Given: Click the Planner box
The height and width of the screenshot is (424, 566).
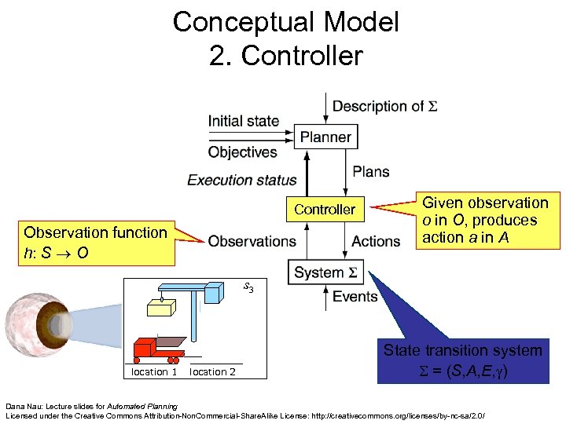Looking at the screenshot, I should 325,137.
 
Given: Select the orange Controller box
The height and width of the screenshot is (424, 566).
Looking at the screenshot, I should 325,210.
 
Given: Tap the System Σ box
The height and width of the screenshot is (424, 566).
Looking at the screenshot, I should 325,272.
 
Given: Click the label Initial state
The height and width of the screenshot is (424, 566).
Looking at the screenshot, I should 243,121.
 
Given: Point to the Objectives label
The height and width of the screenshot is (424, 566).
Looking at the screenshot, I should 242,152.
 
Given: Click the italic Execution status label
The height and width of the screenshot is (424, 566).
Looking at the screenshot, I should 242,180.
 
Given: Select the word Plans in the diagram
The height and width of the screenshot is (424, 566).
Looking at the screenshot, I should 370,172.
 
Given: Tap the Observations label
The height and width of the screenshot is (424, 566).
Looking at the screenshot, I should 252,241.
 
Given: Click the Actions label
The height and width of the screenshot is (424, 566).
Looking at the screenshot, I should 376,241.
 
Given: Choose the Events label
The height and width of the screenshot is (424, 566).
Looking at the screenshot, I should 355,296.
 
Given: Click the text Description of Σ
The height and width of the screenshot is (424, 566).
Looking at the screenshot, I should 384,106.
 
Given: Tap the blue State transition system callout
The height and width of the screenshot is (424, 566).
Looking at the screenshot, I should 462,360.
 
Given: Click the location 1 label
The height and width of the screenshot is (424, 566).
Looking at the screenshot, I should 154,372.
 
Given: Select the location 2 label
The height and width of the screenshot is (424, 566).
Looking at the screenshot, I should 213,372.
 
